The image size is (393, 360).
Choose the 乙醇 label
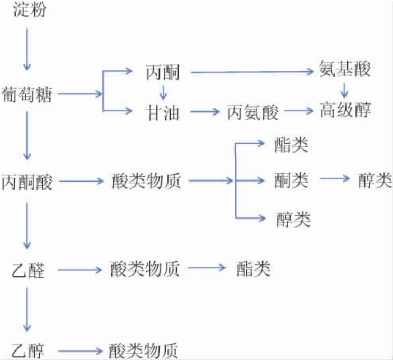point(27,350)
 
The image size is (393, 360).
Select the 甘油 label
point(163,112)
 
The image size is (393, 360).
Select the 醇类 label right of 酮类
point(374,181)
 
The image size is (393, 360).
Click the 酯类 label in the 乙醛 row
point(252,270)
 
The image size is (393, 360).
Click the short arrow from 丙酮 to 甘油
point(163,92)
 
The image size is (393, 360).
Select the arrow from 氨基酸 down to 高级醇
point(345,88)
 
